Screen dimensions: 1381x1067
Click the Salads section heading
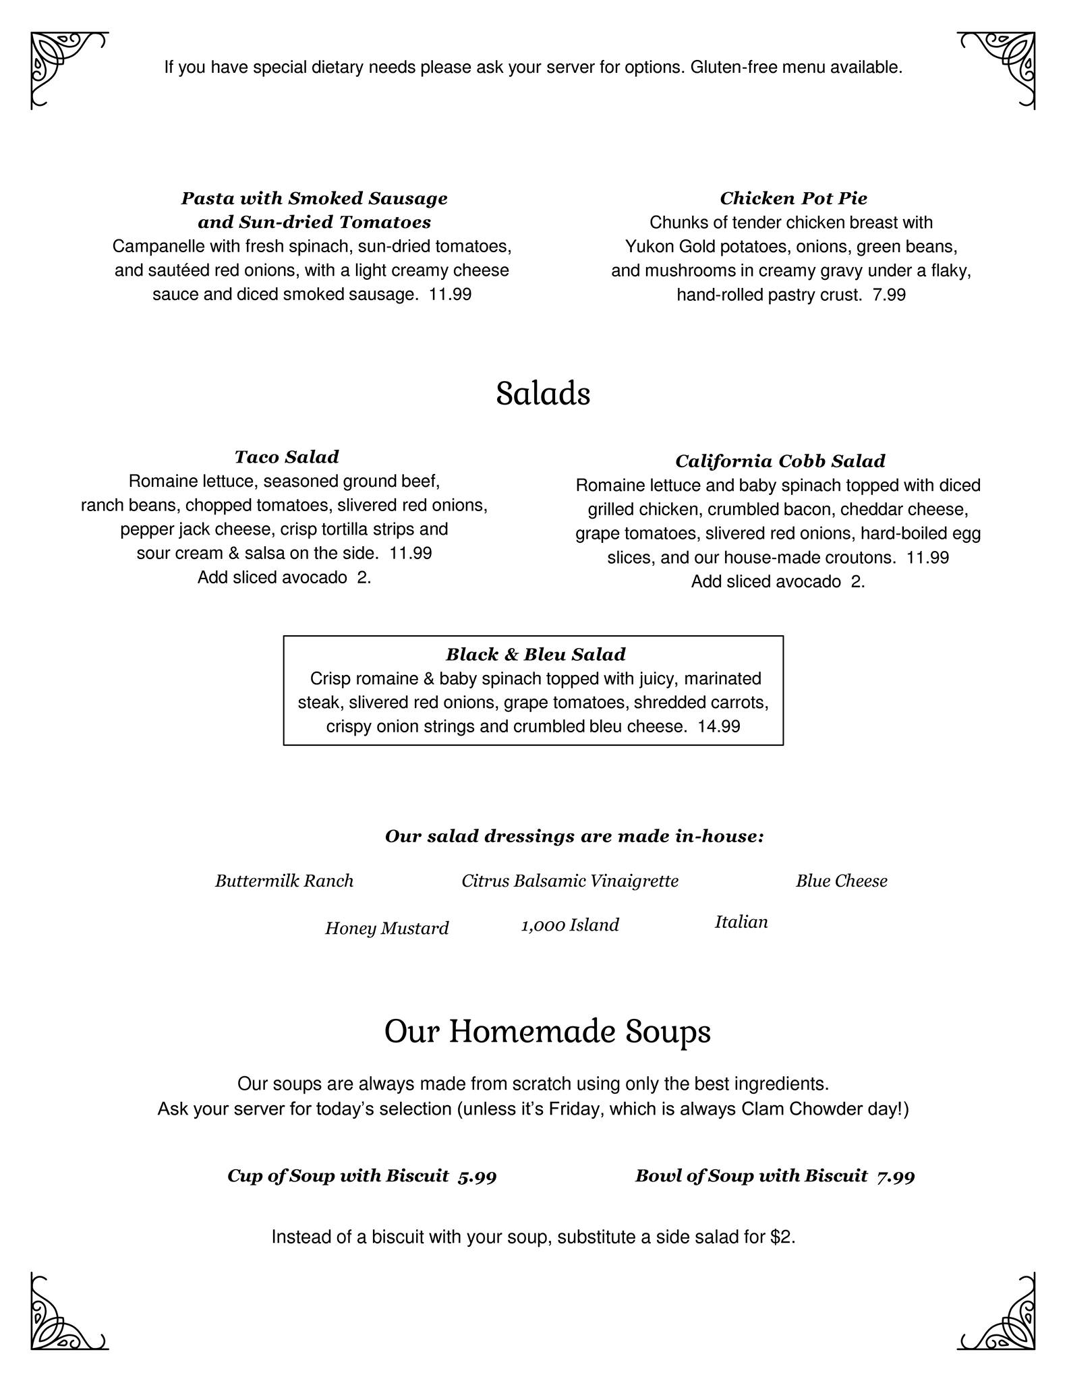(x=543, y=394)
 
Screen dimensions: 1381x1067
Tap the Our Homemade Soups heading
(x=547, y=1032)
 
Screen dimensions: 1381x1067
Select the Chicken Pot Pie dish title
(x=793, y=198)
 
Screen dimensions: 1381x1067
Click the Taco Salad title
(x=287, y=457)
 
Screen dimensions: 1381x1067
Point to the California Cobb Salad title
(x=780, y=461)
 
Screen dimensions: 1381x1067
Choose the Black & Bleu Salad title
(x=536, y=654)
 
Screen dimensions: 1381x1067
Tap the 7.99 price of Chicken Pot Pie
(x=889, y=295)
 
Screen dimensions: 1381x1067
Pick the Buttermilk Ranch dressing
(x=284, y=881)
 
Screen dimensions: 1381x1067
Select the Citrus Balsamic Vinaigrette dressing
(x=570, y=881)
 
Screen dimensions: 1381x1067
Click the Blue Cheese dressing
(x=841, y=881)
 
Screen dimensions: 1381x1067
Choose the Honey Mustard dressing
(x=386, y=929)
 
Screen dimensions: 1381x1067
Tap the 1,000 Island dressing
(x=570, y=924)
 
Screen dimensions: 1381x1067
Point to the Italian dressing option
(x=741, y=922)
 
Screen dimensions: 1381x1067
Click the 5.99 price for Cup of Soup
(x=477, y=1176)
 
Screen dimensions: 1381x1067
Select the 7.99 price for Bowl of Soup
(x=896, y=1176)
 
